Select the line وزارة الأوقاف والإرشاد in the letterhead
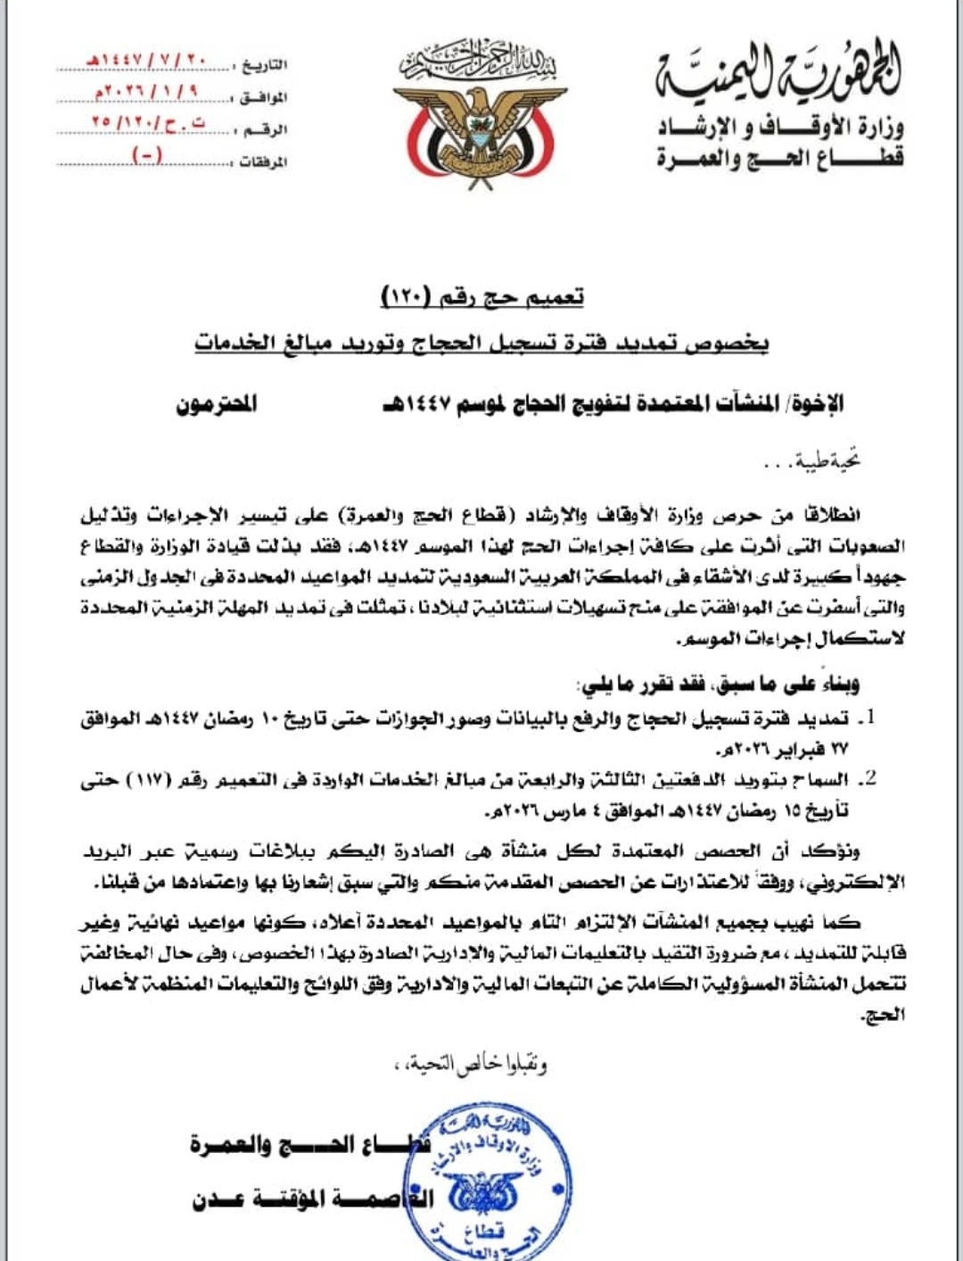tap(780, 128)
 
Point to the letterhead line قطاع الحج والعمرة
tap(780, 159)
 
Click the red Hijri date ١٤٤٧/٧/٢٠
tap(147, 62)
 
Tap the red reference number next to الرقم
tap(147, 123)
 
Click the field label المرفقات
tap(263, 162)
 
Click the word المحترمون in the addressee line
tap(216, 404)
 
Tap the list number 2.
tap(869, 779)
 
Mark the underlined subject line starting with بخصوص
tap(481, 343)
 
